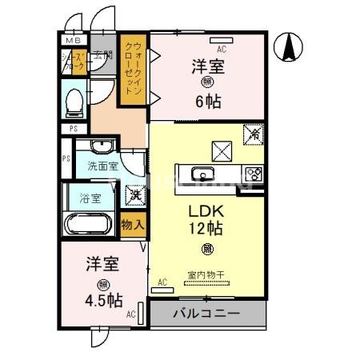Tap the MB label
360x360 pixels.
pos(73,40)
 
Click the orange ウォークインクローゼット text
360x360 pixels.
pos(134,70)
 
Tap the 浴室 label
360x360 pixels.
pos(90,198)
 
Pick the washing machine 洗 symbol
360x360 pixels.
pos(133,194)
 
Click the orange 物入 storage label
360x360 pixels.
pos(132,225)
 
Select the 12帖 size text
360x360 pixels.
pos(206,228)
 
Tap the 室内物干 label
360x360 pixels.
pos(206,275)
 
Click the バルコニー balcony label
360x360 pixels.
pos(206,313)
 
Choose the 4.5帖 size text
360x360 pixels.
pos(103,302)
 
